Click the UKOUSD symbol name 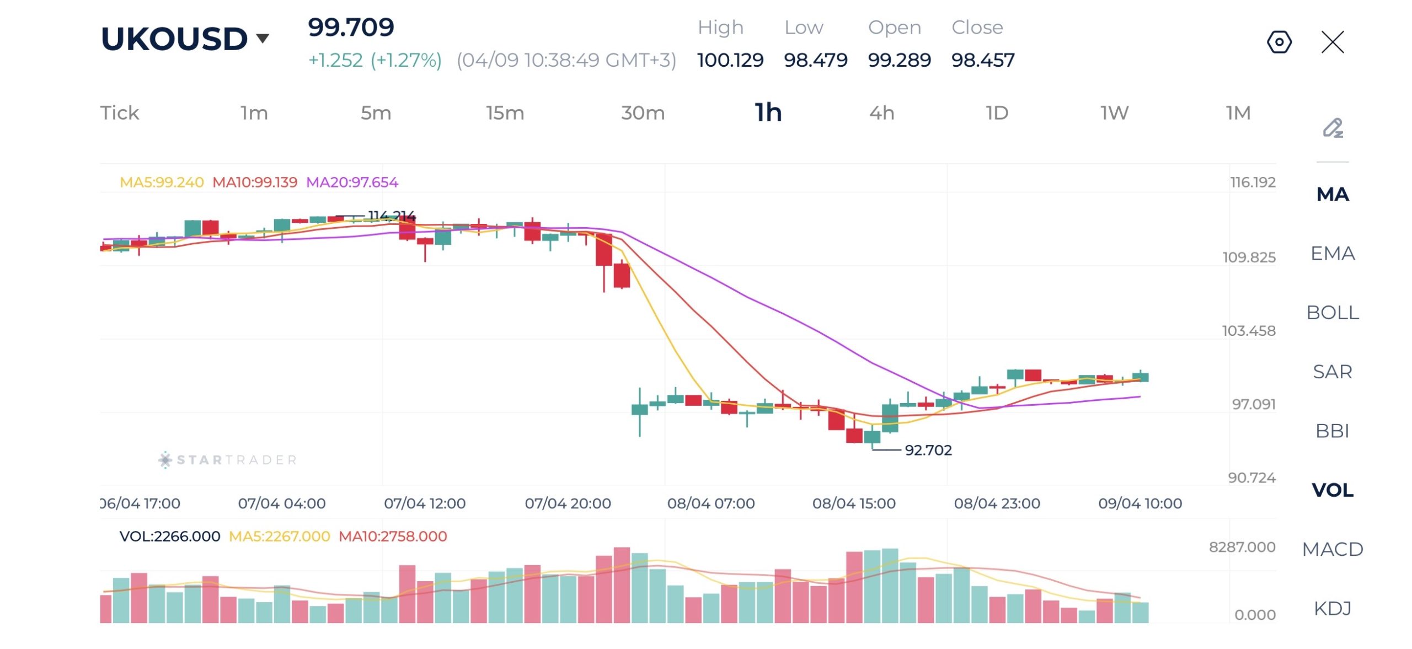(x=174, y=39)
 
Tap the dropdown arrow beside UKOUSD (x=263, y=38)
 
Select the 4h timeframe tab (x=881, y=113)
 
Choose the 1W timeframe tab (x=1114, y=113)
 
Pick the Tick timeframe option (x=119, y=113)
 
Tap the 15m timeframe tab (x=505, y=113)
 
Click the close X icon (x=1332, y=42)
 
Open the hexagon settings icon (x=1279, y=42)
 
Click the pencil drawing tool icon (x=1333, y=128)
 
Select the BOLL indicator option (x=1332, y=313)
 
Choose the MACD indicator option (x=1332, y=549)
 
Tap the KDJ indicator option (x=1332, y=608)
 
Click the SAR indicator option (x=1332, y=372)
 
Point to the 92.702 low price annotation (x=928, y=450)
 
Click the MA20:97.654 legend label (x=352, y=183)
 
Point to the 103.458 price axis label (x=1248, y=331)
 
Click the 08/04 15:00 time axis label (x=853, y=503)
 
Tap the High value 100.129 (x=730, y=60)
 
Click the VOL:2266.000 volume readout (x=169, y=537)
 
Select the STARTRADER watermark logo (x=228, y=460)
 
